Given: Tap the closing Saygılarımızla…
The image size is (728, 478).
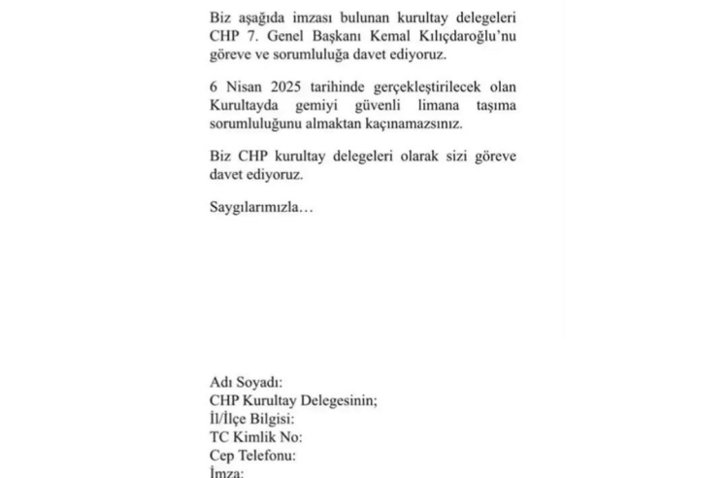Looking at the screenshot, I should pyautogui.click(x=256, y=207).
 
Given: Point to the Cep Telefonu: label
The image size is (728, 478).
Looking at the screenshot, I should pyautogui.click(x=252, y=455).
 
